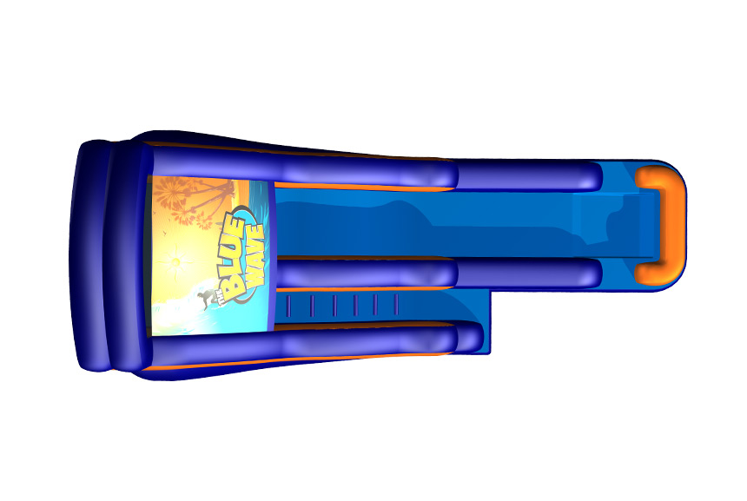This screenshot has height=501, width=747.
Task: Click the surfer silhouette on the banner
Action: pos(205,300)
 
